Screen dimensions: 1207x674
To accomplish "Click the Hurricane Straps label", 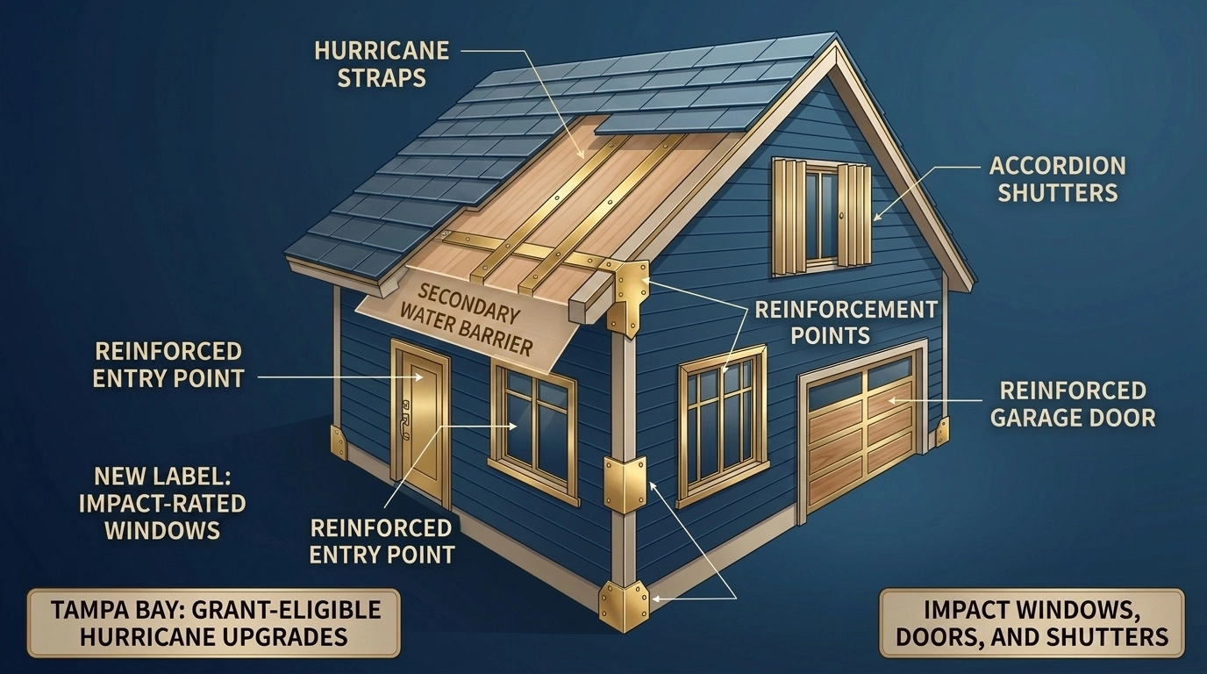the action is pos(382,65).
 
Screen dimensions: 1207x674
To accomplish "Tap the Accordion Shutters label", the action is pos(1057,179).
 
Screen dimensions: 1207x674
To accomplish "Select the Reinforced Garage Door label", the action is pos(1073,404).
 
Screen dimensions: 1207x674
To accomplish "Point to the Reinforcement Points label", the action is pos(846,322).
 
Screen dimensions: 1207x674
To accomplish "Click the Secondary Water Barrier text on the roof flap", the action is pos(475,320).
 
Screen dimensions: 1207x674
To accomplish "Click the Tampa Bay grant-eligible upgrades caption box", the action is pos(214,623).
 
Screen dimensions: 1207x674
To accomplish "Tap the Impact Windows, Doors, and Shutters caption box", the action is pos(1032,623).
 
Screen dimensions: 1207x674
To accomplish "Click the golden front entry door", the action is pos(421,424).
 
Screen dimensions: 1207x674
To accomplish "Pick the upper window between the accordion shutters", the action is pos(822,216).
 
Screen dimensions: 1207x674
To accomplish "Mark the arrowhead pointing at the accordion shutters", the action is pos(877,216).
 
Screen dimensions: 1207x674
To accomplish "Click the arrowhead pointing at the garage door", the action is pos(893,400).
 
